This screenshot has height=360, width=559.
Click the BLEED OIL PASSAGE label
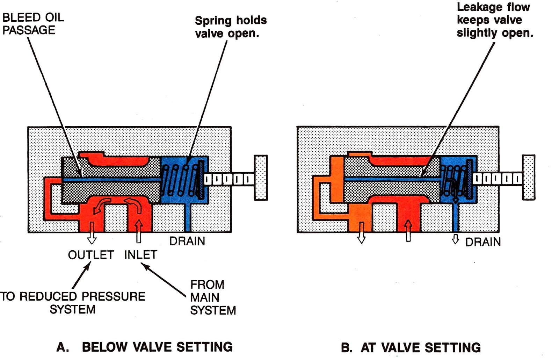[x=33, y=24]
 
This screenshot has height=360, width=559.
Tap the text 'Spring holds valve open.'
[x=231, y=27]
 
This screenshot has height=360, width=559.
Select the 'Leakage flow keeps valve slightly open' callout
[x=494, y=20]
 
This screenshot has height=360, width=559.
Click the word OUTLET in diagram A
[x=91, y=255]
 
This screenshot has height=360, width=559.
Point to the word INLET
[x=140, y=254]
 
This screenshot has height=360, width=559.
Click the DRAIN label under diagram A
[x=187, y=241]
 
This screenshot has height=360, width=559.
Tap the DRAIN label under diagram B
[x=483, y=242]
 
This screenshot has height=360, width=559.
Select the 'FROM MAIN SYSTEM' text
[x=212, y=297]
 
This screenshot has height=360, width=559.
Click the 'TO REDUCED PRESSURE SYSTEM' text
[x=72, y=303]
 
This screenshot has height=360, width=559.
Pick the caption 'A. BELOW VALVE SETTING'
[x=145, y=347]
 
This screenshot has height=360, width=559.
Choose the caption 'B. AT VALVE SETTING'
[x=411, y=348]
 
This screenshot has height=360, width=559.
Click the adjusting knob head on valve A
[x=261, y=178]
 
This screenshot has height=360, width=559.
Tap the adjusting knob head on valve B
[x=529, y=177]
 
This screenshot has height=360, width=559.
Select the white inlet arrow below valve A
[x=139, y=231]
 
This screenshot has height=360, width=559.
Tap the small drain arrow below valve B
[x=455, y=239]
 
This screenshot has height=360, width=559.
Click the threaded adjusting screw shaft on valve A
[x=229, y=179]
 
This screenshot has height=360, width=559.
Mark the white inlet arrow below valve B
[x=408, y=231]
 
